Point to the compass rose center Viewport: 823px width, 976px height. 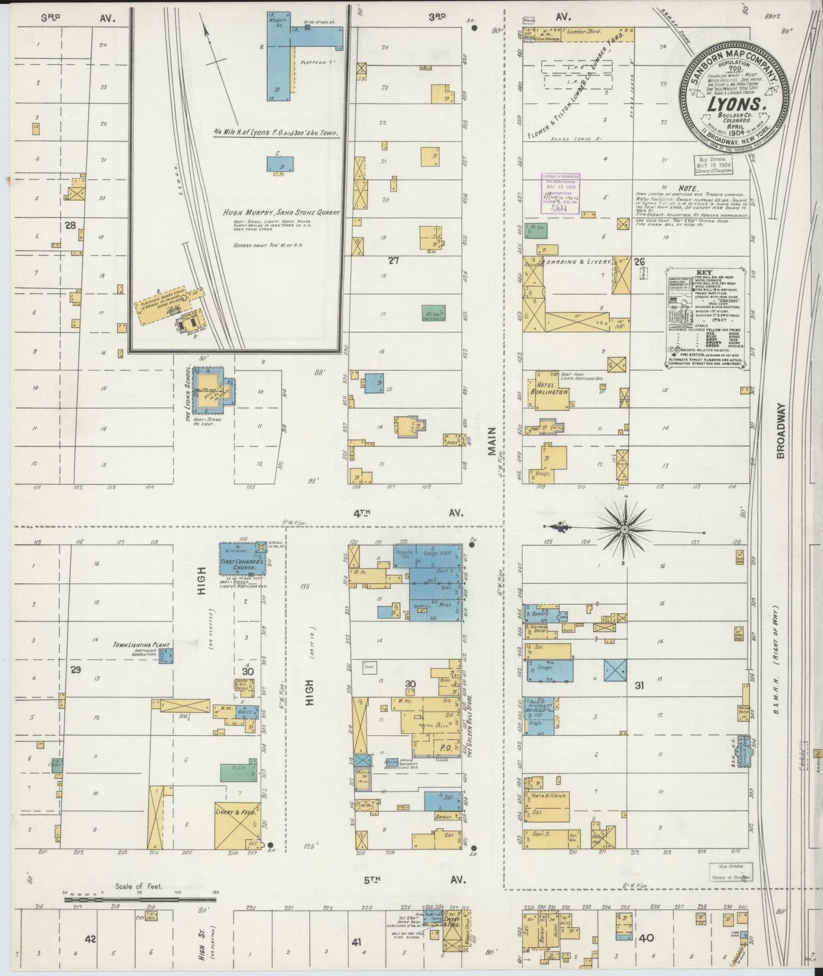(x=624, y=530)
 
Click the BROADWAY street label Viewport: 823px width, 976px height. (x=780, y=431)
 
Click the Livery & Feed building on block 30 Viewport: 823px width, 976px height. (x=236, y=825)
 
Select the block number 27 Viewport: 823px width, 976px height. (x=393, y=261)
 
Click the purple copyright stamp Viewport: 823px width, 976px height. (x=560, y=194)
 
